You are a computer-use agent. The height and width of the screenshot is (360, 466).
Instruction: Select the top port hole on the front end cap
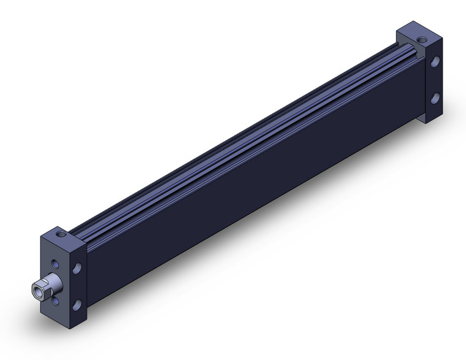tap(60, 234)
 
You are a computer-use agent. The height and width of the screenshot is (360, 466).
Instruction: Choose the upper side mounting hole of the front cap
tap(77, 269)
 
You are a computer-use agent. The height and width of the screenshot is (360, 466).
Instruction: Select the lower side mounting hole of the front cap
tap(77, 305)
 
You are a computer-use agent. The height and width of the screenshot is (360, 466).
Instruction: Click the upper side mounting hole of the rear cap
tap(434, 62)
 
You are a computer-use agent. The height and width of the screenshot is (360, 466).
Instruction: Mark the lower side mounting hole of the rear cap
tap(434, 98)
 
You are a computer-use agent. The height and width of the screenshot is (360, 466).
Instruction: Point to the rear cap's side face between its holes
tap(434, 80)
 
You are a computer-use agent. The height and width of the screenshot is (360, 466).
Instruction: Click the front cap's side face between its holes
tap(78, 287)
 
